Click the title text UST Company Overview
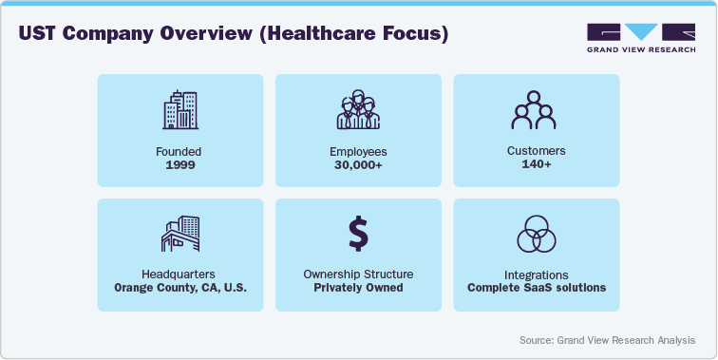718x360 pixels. tap(234, 34)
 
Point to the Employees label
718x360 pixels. tap(357, 150)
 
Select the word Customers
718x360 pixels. tap(536, 150)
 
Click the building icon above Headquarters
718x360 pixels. tap(179, 234)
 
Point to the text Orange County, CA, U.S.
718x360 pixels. tap(179, 288)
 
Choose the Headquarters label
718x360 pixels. tap(179, 275)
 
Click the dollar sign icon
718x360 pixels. tap(357, 234)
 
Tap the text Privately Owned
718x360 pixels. tap(357, 288)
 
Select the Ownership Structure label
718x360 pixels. tap(357, 275)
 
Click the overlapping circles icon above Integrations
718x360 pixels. tap(536, 234)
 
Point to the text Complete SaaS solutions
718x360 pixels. tap(536, 288)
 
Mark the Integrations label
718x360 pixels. tap(536, 275)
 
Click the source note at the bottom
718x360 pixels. tap(606, 339)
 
